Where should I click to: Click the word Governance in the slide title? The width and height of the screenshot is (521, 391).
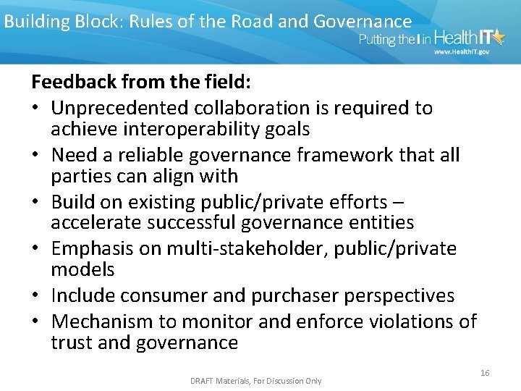coord(362,22)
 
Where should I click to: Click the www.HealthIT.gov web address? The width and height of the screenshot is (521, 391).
coord(461,53)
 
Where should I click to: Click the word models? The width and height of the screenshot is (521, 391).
coord(82,269)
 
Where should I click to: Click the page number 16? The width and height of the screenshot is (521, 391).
coord(485,372)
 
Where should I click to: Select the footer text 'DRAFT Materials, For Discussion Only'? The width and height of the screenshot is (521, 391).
coord(255,381)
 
